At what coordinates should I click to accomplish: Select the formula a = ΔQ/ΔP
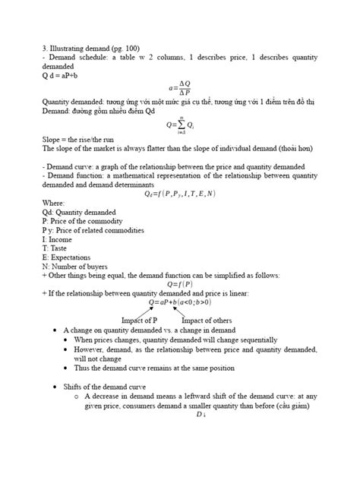click(179, 88)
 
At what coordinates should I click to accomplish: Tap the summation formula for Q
click(178, 125)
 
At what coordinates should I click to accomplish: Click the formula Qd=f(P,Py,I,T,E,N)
click(179, 194)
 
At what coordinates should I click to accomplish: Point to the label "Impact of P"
click(144, 320)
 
